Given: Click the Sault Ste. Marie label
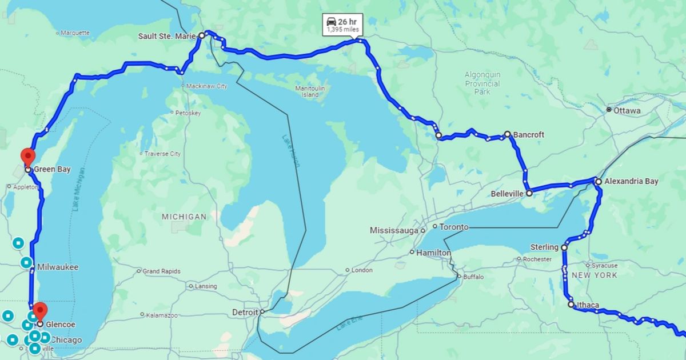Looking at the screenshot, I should click(167, 36).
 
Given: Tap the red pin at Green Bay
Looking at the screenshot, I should click(27, 156).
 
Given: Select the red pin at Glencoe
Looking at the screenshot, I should click(39, 311).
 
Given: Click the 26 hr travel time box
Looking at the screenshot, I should click(343, 25).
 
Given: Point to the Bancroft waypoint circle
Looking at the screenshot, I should click(507, 134).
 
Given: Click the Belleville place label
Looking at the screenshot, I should click(506, 194).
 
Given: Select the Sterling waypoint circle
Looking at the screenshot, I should click(564, 247).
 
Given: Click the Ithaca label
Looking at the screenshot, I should click(587, 305).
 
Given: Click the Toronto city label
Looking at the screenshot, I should click(454, 227).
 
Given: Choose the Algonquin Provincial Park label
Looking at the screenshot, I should click(482, 83).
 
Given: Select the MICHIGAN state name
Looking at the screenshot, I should click(184, 217).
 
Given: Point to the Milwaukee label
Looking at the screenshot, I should click(58, 267).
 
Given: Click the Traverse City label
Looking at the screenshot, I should click(162, 154).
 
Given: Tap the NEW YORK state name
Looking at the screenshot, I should click(595, 275).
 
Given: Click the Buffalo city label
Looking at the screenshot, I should click(473, 277).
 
